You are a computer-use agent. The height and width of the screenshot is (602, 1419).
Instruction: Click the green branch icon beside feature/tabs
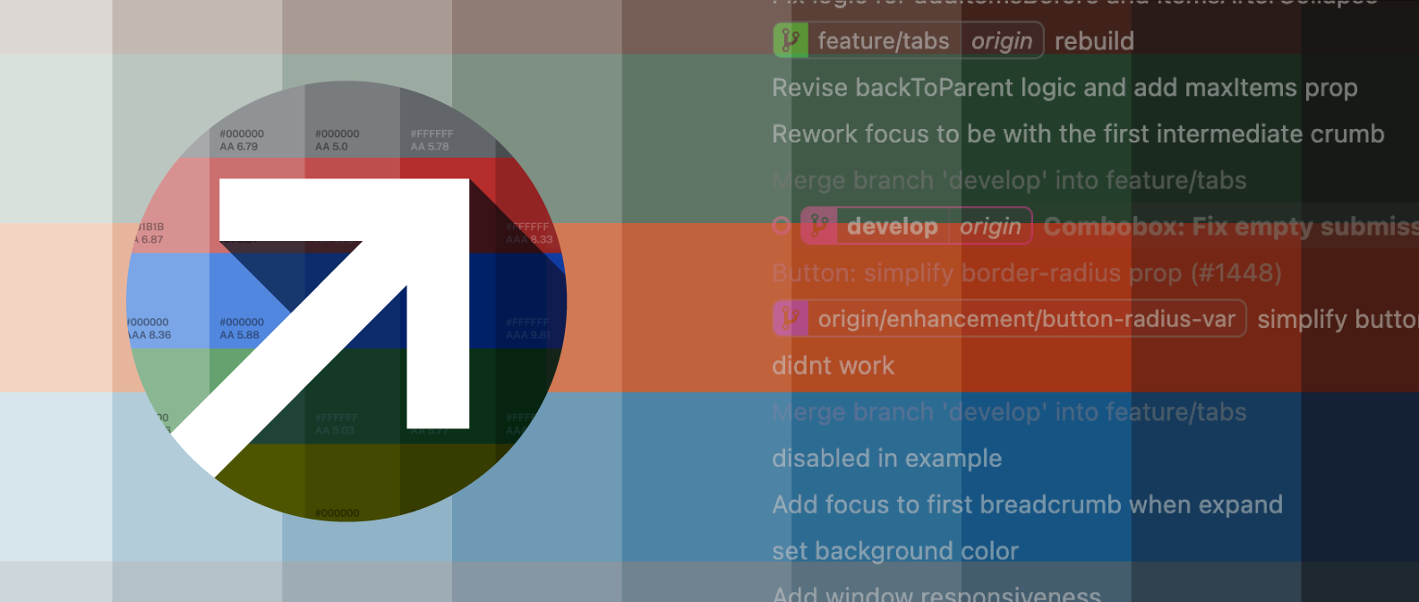tap(791, 40)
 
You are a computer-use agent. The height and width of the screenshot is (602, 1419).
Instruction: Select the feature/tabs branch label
tap(883, 41)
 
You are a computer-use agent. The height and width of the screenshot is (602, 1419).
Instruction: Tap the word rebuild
tap(1094, 41)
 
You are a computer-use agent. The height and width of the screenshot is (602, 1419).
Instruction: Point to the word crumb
tap(1347, 134)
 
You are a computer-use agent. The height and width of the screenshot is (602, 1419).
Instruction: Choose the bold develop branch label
tap(892, 227)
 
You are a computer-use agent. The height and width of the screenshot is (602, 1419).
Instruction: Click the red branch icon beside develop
tap(819, 227)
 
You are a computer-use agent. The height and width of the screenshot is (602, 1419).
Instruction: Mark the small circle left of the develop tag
tap(782, 227)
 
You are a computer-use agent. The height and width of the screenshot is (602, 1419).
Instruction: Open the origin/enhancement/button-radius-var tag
tap(1026, 319)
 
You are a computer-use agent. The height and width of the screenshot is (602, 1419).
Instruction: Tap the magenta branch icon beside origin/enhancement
tap(791, 319)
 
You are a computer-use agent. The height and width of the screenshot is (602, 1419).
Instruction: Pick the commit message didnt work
tap(833, 365)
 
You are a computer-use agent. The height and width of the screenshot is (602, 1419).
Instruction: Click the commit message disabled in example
tap(886, 459)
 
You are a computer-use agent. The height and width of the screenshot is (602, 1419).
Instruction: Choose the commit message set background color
tap(895, 551)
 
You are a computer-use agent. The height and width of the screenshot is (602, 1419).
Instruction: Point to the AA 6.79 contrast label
tap(239, 147)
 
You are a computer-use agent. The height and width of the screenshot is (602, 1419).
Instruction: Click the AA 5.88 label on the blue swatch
tap(240, 335)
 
